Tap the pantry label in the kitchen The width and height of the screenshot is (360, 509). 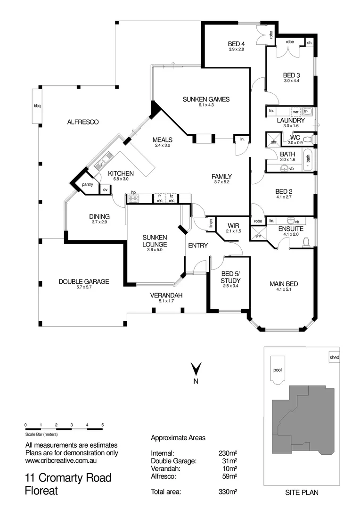click(x=87, y=184)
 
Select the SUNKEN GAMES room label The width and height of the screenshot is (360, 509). click(x=206, y=99)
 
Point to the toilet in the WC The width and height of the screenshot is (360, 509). click(x=307, y=140)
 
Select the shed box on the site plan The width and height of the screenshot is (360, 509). click(x=334, y=358)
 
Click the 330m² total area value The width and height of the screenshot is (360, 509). click(x=228, y=492)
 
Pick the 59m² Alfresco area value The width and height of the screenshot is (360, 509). click(x=229, y=476)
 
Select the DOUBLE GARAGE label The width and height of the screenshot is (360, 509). click(x=84, y=281)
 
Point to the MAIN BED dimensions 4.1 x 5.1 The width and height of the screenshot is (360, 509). click(x=284, y=290)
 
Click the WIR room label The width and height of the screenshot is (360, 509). click(x=234, y=225)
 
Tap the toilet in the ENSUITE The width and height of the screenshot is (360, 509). click(x=305, y=242)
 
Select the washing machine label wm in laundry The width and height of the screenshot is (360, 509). click(x=296, y=112)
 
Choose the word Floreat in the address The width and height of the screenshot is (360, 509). click(x=41, y=491)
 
